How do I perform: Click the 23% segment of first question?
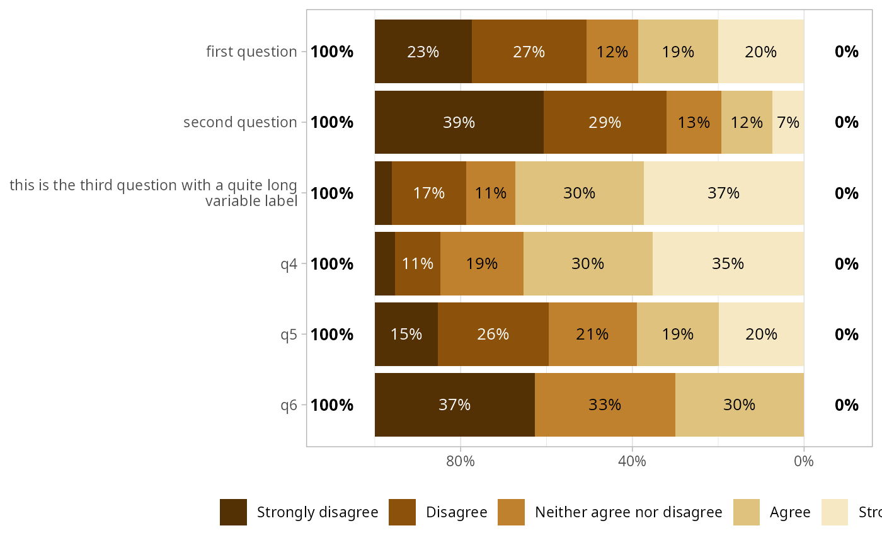[x=423, y=52]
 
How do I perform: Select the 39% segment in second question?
[x=459, y=122]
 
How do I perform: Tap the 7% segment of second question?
[x=788, y=122]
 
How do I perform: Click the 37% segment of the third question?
[x=723, y=193]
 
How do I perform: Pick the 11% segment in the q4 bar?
[x=418, y=263]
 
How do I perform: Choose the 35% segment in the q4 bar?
[x=728, y=263]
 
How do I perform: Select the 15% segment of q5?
[x=406, y=334]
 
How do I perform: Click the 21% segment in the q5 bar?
[x=592, y=334]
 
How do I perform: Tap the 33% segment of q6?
[x=605, y=404]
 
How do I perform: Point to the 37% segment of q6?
[x=454, y=404]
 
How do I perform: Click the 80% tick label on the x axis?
[x=461, y=461]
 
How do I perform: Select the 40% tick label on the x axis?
[x=632, y=461]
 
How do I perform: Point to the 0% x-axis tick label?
[x=804, y=461]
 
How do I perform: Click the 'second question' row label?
[x=240, y=122]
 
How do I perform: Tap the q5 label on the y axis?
[x=289, y=334]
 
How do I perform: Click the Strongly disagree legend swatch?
[x=233, y=512]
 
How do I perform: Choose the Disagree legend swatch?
[x=402, y=512]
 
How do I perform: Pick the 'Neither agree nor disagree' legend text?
[x=628, y=512]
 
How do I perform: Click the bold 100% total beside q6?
[x=332, y=404]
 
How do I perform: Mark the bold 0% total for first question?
[x=846, y=52]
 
